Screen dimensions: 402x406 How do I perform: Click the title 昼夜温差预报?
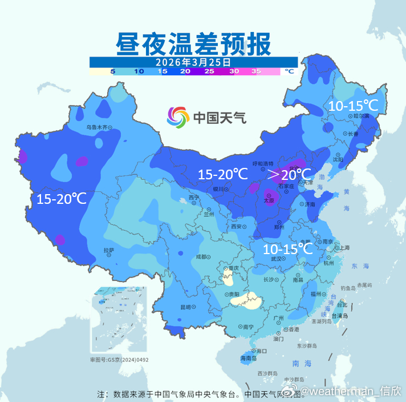coord(193,43)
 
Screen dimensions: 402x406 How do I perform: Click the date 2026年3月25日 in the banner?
coord(194,62)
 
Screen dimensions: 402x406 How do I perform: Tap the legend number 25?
coord(209,71)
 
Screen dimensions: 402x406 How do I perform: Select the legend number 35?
coord(256,71)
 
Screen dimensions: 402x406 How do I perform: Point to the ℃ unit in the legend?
coord(289,71)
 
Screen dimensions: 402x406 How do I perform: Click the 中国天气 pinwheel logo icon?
coord(177,118)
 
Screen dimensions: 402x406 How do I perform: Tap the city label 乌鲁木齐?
coord(96,127)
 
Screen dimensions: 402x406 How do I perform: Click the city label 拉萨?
coord(108,250)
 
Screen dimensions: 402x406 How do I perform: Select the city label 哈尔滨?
coord(362,115)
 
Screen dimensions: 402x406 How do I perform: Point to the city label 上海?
coord(344,247)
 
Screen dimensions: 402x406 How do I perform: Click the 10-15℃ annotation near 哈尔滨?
coord(353,105)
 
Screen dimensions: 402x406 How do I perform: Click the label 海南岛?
coord(247,359)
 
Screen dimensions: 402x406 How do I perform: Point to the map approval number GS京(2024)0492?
coord(119,360)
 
